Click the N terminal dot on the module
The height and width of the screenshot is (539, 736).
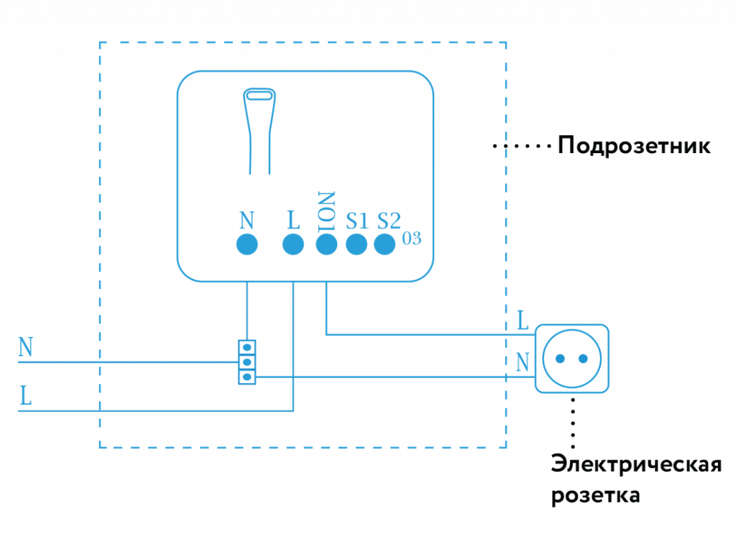(247, 244)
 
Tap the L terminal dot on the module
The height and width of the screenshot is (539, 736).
(293, 244)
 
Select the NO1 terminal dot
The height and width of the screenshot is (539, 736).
(326, 244)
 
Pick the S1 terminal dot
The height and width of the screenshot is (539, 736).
(356, 244)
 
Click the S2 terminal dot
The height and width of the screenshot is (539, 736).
(385, 244)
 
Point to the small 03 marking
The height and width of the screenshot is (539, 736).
(412, 239)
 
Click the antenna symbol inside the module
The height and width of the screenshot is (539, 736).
(259, 129)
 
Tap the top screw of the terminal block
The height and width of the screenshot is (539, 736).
(247, 348)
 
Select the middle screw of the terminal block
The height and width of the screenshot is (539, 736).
(247, 362)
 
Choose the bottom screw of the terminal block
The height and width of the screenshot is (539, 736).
(247, 376)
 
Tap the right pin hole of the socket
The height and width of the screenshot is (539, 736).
(585, 358)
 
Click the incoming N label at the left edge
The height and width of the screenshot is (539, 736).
(26, 347)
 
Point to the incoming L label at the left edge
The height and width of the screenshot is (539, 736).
(25, 397)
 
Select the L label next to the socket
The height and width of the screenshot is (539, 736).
(523, 321)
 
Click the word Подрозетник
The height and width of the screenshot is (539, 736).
(634, 147)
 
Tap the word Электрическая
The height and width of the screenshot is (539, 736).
(636, 464)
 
